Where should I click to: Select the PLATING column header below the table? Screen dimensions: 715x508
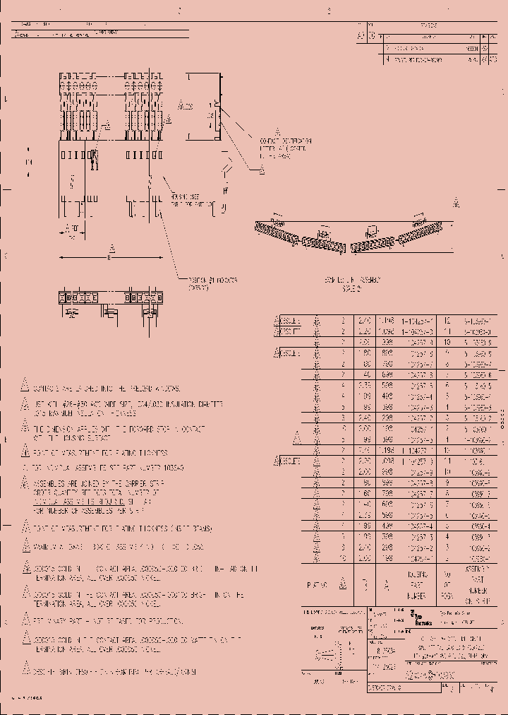point(317,584)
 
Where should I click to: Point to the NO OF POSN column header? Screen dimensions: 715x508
point(446,584)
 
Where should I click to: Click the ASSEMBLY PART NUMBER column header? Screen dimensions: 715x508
point(476,584)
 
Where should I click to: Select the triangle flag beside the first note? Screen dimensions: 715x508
point(24,388)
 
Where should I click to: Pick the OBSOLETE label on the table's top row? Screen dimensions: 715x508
point(290,319)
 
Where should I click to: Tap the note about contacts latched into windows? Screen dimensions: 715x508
point(106,389)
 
